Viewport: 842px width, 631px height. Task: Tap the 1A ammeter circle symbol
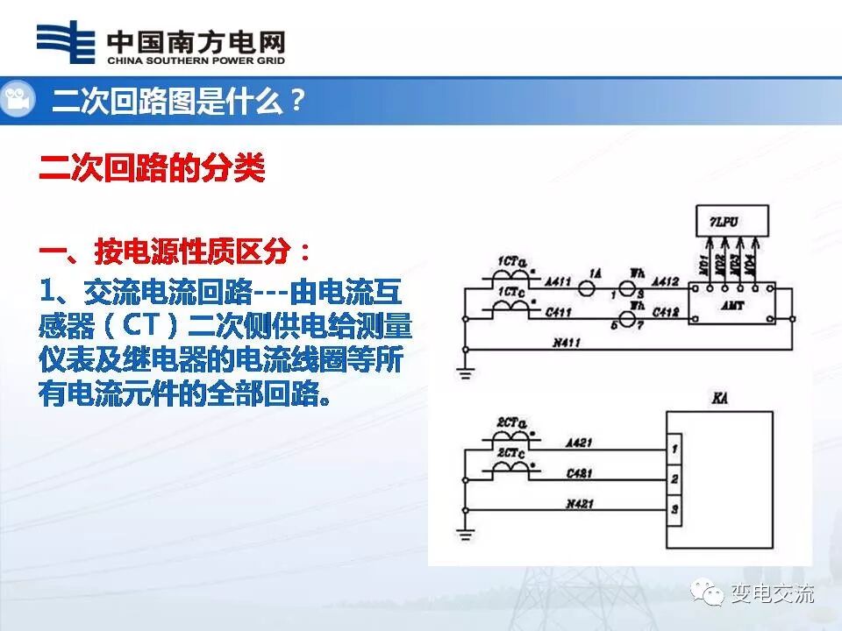click(x=595, y=286)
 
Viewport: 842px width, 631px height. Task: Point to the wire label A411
click(x=559, y=282)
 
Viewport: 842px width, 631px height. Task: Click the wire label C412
click(x=667, y=311)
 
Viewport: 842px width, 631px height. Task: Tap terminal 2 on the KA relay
click(x=674, y=479)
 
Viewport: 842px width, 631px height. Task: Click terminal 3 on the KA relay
click(x=674, y=509)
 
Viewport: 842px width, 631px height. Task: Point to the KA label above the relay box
click(x=722, y=399)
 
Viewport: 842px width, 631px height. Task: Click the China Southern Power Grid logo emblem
click(x=65, y=43)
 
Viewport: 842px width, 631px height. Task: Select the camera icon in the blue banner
click(x=18, y=100)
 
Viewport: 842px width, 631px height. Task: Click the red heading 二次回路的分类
click(x=152, y=168)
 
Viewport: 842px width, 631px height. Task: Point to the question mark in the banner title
click(x=296, y=102)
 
